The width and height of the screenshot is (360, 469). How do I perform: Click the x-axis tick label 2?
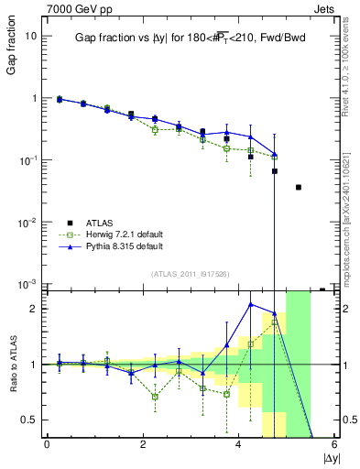[143, 444]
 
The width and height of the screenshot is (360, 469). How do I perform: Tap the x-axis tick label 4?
[239, 444]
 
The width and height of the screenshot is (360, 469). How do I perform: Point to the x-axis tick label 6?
[334, 444]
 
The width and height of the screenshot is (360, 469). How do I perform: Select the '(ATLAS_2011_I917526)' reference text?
[190, 275]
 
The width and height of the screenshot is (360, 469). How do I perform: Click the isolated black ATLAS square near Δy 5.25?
[299, 187]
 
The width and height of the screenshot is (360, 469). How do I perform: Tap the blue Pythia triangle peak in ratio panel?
[251, 304]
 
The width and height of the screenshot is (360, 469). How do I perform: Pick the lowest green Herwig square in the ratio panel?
[155, 397]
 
